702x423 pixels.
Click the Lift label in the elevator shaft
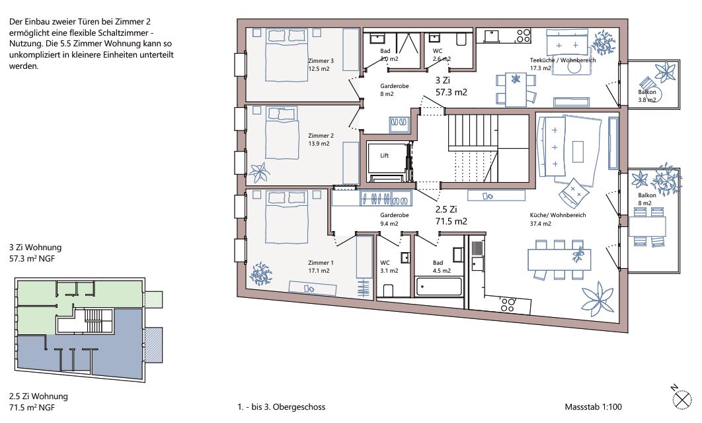click(x=384, y=156)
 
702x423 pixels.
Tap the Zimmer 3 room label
click(x=321, y=61)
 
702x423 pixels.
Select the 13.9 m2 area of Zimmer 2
click(x=319, y=144)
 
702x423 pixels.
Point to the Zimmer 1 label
click(x=321, y=263)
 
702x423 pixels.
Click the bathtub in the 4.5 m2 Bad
click(x=439, y=287)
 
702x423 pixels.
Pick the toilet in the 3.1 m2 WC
click(x=388, y=291)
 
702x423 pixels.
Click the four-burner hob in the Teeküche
click(x=523, y=36)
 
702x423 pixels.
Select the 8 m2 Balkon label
click(x=647, y=199)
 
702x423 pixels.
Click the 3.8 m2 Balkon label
click(x=647, y=96)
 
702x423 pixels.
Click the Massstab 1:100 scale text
click(x=593, y=407)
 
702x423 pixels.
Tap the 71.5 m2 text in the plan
click(x=451, y=221)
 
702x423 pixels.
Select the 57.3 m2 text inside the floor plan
click(x=451, y=92)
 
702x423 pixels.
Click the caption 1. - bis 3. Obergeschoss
click(x=281, y=407)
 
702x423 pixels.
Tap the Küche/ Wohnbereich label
click(x=558, y=215)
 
